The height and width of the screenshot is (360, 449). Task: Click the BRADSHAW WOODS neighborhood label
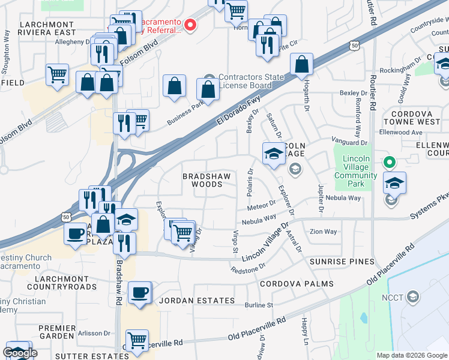point(202,180)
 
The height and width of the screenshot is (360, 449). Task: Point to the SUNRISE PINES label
point(342,262)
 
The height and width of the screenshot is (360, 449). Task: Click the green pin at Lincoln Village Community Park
point(389,162)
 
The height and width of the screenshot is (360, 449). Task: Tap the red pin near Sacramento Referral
point(190,25)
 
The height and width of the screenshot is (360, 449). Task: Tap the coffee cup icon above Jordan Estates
point(139,293)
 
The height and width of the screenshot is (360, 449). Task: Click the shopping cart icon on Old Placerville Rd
point(137,340)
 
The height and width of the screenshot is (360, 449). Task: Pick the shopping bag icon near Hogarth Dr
point(302,64)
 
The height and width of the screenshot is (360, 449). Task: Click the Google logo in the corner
point(20,353)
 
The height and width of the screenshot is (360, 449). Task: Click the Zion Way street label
point(323,232)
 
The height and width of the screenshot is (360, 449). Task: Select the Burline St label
point(259,305)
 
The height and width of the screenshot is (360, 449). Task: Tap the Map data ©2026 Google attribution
point(412,355)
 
